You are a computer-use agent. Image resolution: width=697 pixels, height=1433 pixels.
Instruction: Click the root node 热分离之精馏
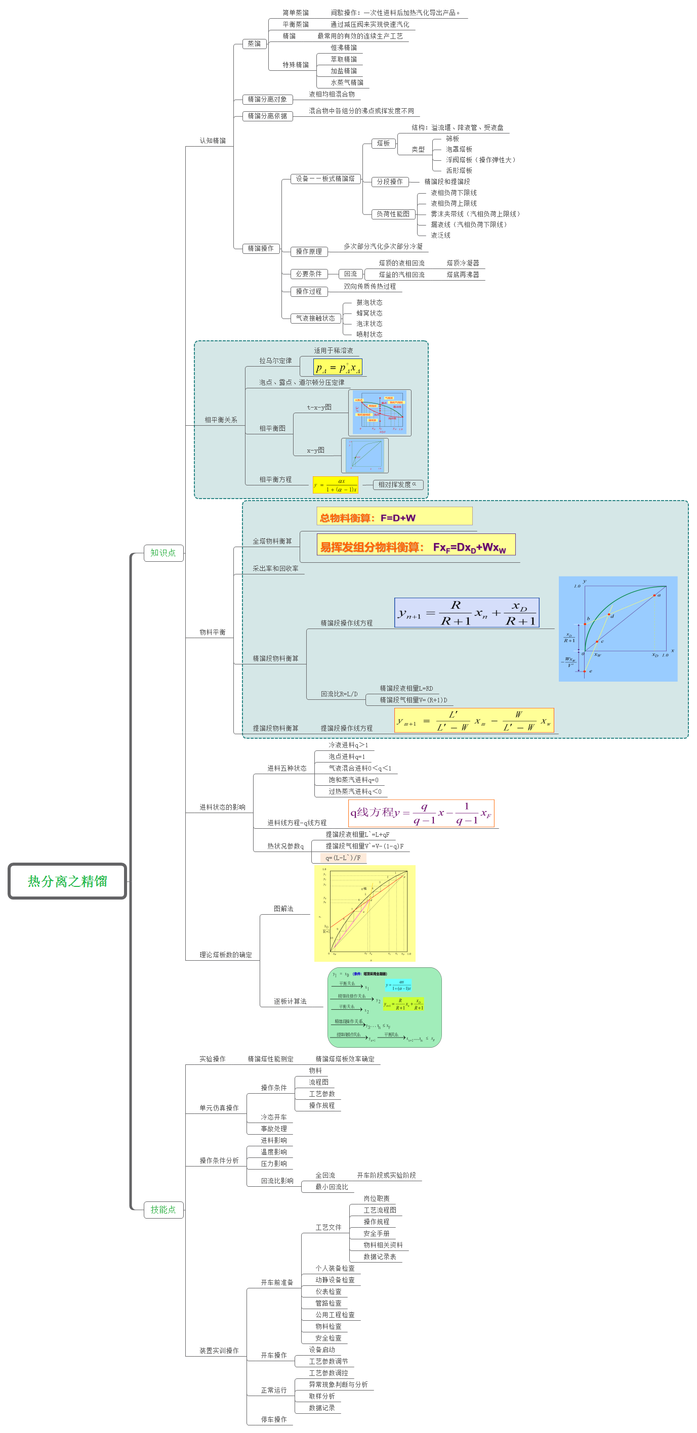(67, 881)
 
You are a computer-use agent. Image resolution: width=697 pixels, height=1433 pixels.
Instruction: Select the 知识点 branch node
(163, 553)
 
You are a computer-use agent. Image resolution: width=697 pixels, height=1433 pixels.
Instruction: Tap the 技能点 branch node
(163, 1210)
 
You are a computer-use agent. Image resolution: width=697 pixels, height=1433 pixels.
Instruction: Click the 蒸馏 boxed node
(254, 44)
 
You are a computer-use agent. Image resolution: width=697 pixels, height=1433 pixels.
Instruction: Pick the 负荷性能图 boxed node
(393, 214)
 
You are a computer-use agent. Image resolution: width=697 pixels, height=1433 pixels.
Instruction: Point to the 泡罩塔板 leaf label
(459, 149)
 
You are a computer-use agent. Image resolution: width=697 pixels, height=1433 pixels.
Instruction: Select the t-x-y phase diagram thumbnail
(380, 413)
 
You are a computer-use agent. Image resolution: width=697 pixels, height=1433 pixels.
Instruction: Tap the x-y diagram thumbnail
(365, 456)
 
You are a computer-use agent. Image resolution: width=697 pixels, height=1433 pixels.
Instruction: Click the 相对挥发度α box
(397, 484)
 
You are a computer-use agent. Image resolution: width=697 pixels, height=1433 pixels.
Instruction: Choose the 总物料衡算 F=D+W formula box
(394, 516)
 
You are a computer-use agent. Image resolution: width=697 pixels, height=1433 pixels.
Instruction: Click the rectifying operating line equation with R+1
(467, 612)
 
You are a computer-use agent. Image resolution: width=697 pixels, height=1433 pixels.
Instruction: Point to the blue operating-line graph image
(618, 629)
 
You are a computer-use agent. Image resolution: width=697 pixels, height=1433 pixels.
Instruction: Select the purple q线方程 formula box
(421, 813)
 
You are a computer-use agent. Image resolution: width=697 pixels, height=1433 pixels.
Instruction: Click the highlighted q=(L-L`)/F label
(343, 858)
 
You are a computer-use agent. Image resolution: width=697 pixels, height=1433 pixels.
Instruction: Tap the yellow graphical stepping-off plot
(364, 913)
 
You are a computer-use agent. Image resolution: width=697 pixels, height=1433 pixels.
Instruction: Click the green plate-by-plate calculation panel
(384, 1007)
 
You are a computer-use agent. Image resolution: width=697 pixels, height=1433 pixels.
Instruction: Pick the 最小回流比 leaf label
(332, 1187)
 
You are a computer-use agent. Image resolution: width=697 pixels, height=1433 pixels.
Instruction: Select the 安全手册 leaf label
(376, 1233)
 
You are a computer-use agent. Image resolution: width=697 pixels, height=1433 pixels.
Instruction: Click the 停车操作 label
(274, 1419)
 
